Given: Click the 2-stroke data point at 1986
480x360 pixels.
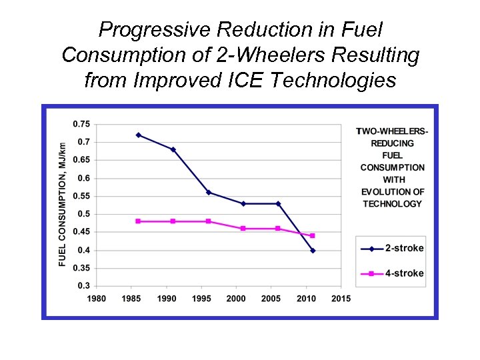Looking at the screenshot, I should pyautogui.click(x=139, y=135).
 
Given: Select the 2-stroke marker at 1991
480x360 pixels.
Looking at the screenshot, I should pyautogui.click(x=173, y=149).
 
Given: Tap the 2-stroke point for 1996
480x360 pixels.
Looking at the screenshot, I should pyautogui.click(x=209, y=193).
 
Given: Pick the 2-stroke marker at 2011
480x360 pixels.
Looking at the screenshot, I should pyautogui.click(x=313, y=251).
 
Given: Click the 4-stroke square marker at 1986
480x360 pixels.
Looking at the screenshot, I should pyautogui.click(x=139, y=221).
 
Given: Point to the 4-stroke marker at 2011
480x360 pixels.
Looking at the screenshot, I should pyautogui.click(x=313, y=236).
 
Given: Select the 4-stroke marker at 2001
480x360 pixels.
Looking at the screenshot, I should pyautogui.click(x=243, y=229).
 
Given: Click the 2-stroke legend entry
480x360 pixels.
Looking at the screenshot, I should pyautogui.click(x=392, y=249).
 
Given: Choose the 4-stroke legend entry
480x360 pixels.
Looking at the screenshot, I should pyautogui.click(x=392, y=273).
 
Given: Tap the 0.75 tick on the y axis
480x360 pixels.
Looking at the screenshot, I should pyautogui.click(x=82, y=124).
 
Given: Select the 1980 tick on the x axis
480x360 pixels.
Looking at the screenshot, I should pyautogui.click(x=97, y=299).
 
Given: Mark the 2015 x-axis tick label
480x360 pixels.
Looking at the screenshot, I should pyautogui.click(x=341, y=299).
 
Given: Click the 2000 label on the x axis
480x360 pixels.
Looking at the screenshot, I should pyautogui.click(x=237, y=299).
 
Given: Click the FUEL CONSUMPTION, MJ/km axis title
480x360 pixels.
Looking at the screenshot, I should pyautogui.click(x=63, y=205).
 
